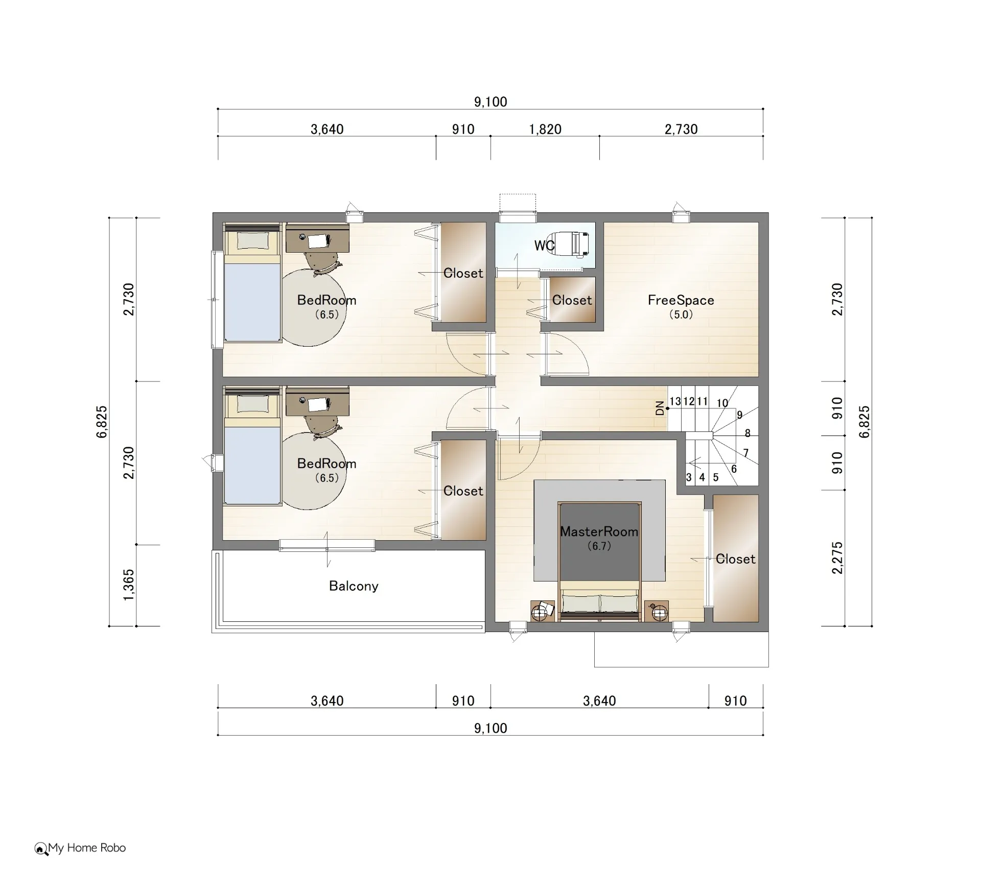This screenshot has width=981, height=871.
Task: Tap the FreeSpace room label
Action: (x=681, y=300)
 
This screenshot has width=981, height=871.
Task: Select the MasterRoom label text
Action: (x=599, y=531)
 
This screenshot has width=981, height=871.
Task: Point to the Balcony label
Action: (x=354, y=586)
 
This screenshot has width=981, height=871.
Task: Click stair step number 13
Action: (x=675, y=401)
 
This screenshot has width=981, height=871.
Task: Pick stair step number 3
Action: (x=689, y=477)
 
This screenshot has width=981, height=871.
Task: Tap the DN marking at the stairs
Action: (x=660, y=408)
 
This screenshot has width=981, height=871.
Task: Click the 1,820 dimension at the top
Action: (x=545, y=129)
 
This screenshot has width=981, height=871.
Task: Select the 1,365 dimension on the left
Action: (x=129, y=585)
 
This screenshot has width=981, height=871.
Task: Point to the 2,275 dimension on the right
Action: (x=837, y=558)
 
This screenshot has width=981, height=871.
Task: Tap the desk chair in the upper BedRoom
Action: (x=322, y=263)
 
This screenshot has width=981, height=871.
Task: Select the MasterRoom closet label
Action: (x=735, y=559)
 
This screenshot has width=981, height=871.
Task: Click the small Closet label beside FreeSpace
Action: (x=572, y=300)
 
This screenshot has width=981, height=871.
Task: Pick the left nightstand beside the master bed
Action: (x=542, y=611)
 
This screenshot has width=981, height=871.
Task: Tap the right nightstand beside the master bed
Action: (x=657, y=611)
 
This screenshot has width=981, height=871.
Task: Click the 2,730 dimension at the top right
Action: (x=681, y=129)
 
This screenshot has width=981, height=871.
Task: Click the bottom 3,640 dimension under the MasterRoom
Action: (x=599, y=700)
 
